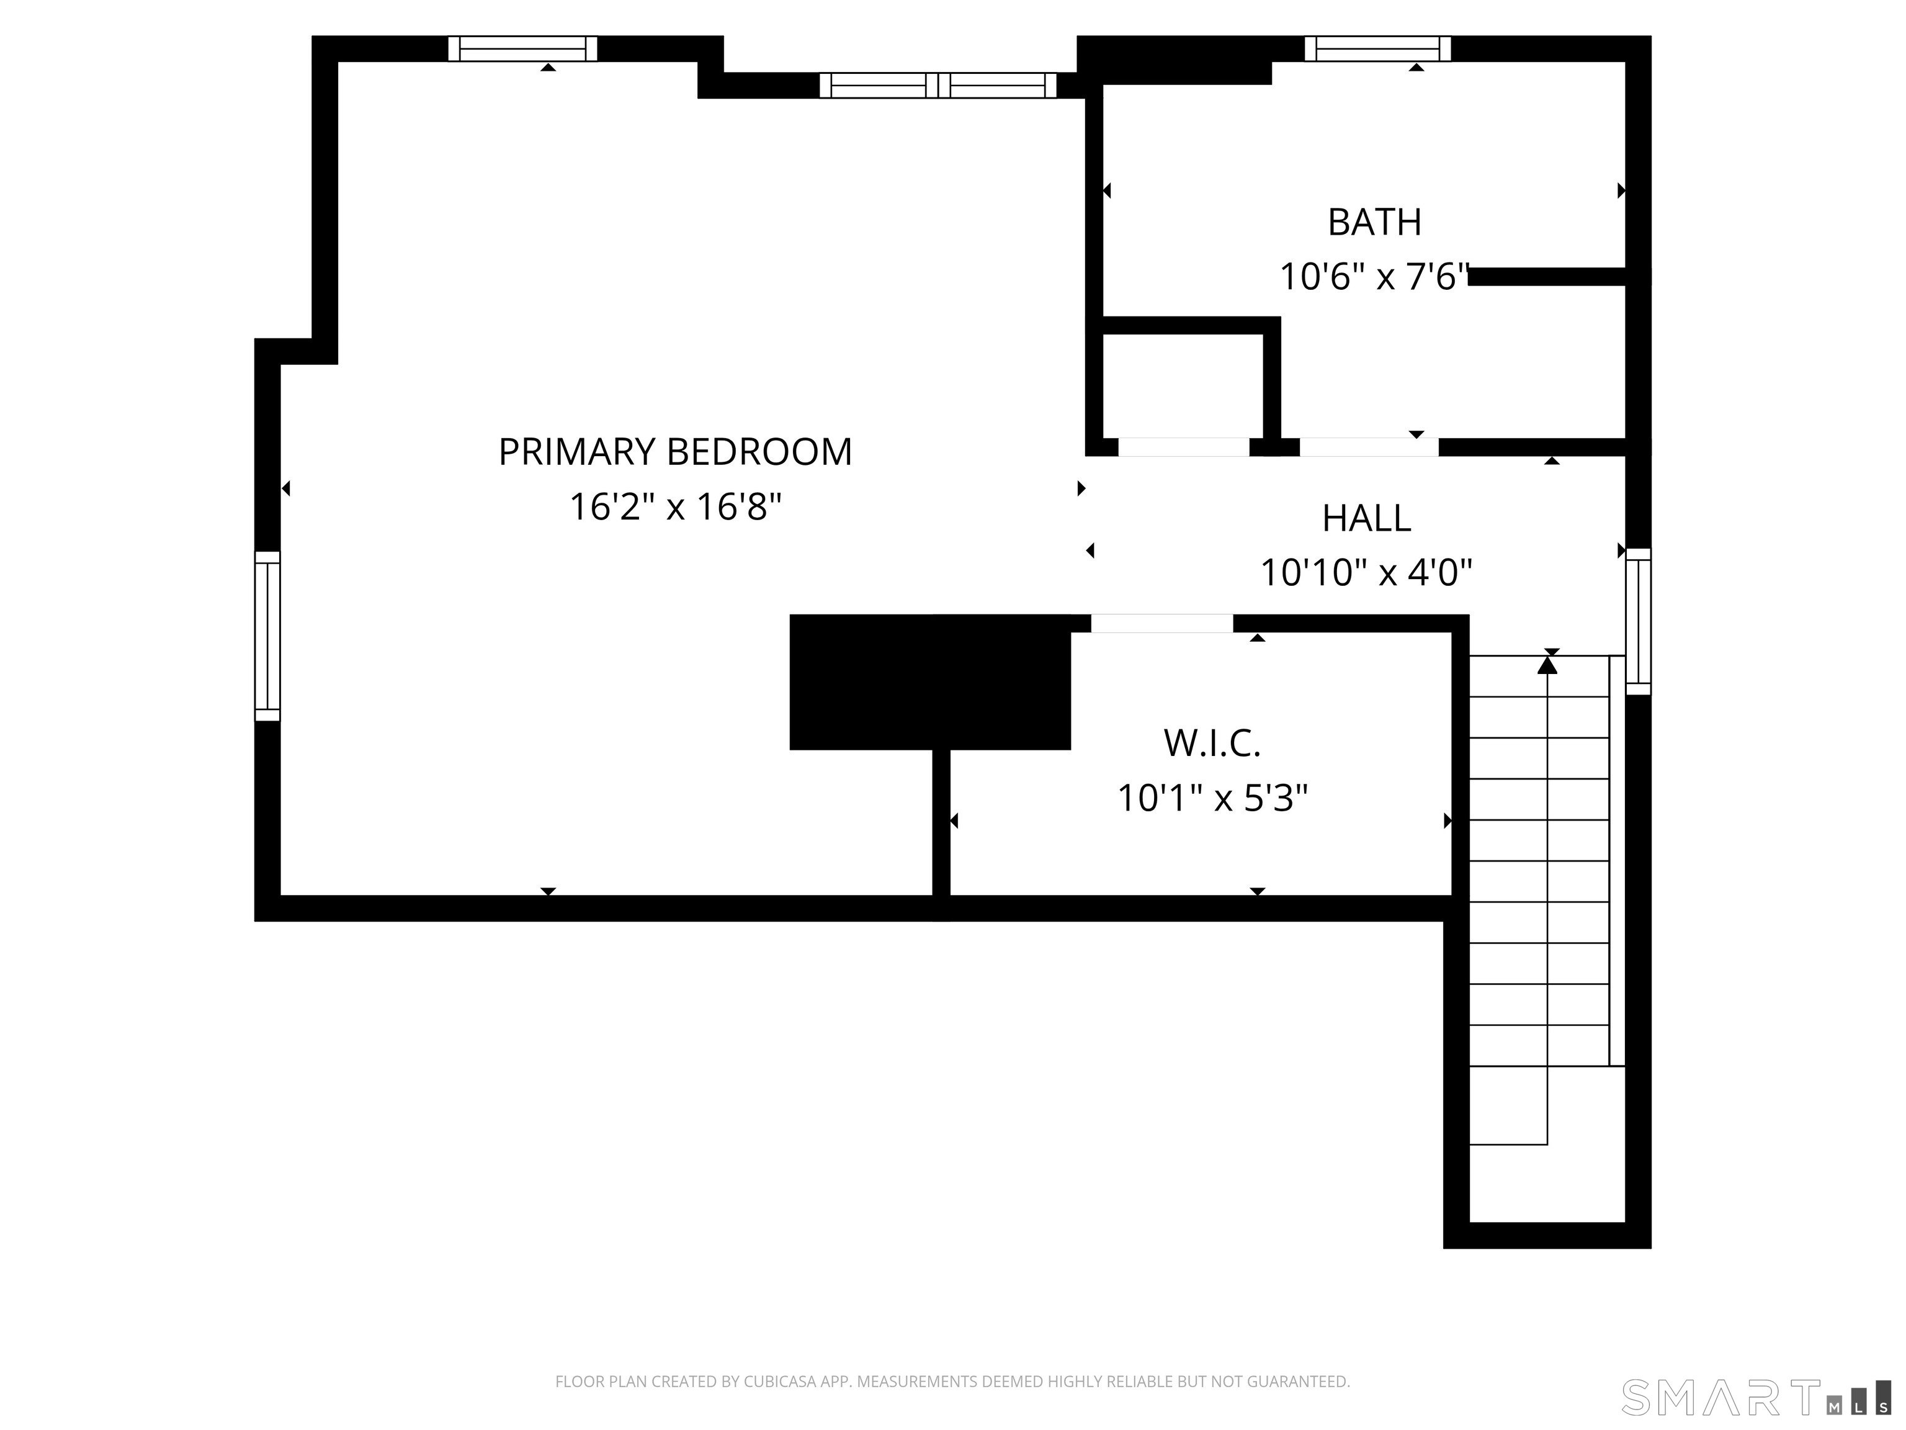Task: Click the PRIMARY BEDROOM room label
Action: point(674,452)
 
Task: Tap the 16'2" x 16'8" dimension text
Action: point(674,507)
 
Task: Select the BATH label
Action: point(1374,222)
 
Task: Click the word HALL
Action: point(1366,518)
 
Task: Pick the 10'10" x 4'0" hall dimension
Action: point(1366,572)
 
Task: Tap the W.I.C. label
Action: point(1212,743)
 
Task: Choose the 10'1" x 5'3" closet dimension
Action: point(1212,798)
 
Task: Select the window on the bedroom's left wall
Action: point(267,636)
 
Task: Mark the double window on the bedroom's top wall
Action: point(937,85)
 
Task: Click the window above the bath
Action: point(1377,49)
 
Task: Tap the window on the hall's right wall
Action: point(1638,621)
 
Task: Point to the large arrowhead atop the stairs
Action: point(1547,665)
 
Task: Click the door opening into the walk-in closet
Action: point(1161,623)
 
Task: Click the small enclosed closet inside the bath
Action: point(1182,385)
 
